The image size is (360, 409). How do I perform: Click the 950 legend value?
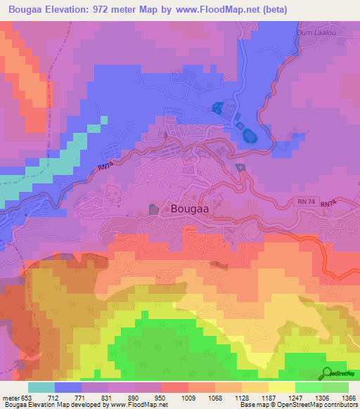tap(161, 398)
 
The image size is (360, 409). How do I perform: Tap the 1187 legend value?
tap(268, 398)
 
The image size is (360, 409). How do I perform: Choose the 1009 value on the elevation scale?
tap(188, 398)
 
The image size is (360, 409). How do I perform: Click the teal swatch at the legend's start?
tap(41, 387)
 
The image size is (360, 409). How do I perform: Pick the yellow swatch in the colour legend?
tap(281, 387)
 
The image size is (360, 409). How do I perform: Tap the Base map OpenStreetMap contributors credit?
tap(298, 405)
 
